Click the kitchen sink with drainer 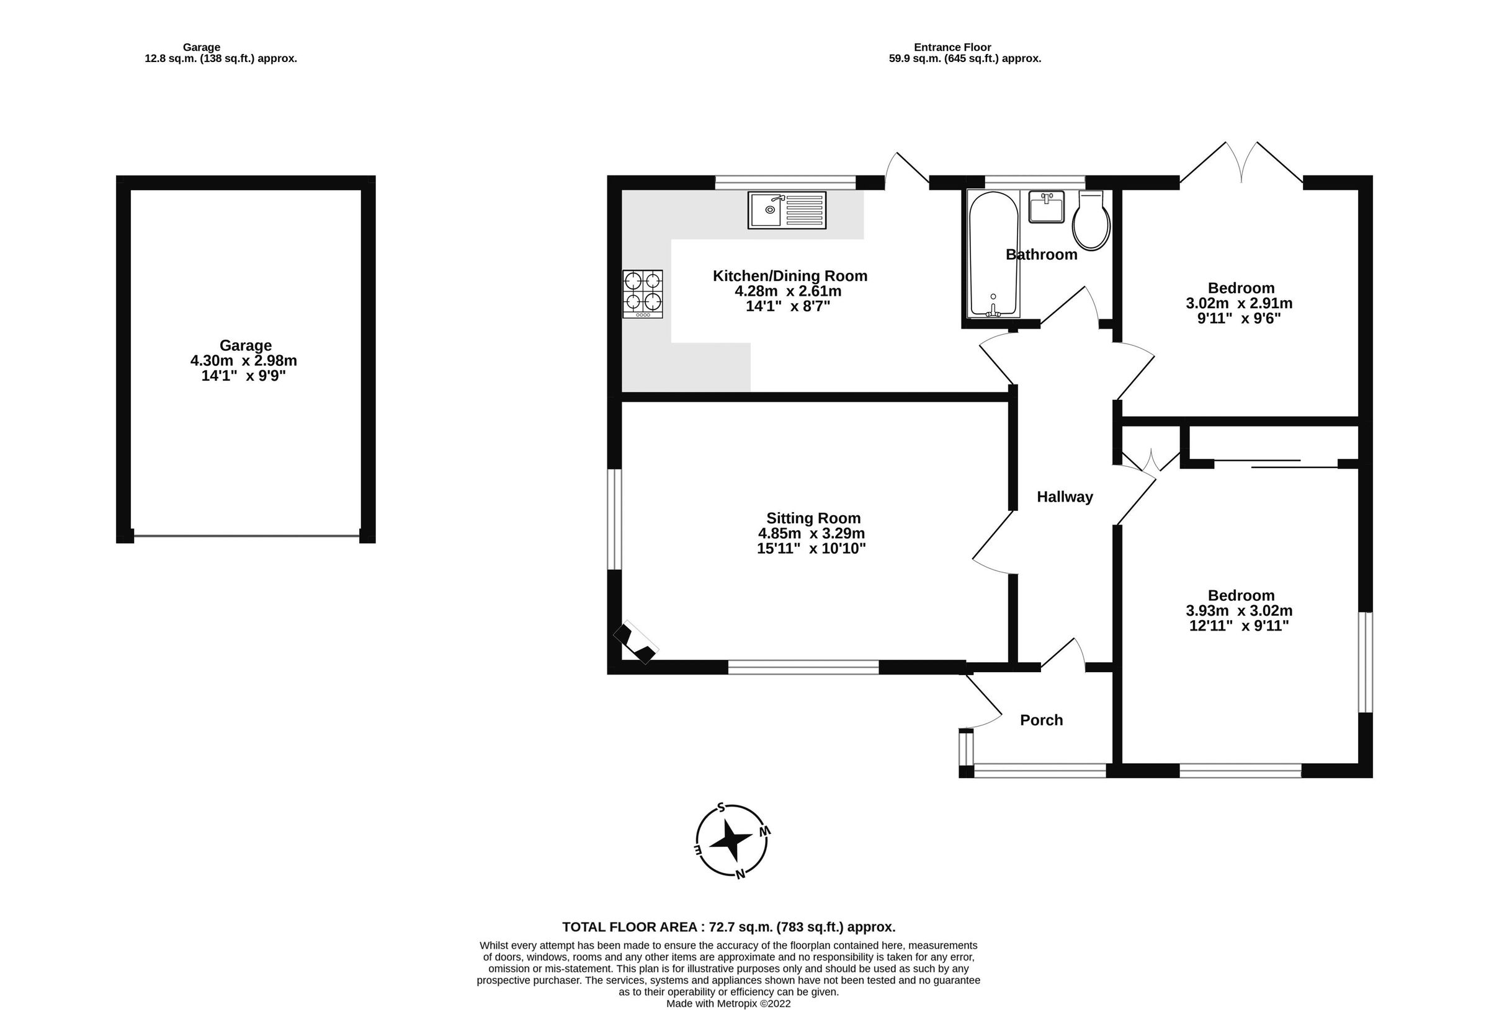tap(786, 210)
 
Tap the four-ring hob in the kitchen tap(642, 294)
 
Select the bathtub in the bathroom tap(993, 254)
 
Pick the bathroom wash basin tap(1045, 207)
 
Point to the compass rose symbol tap(731, 841)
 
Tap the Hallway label tap(1064, 497)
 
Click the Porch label tap(1041, 720)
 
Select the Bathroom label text tap(1041, 255)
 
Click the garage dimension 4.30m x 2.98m tap(243, 361)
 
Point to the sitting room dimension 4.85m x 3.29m tap(811, 533)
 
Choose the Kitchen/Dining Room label tap(789, 276)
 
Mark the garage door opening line tap(246, 536)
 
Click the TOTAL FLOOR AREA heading tap(728, 927)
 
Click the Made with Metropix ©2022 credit tap(728, 1004)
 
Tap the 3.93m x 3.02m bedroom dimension tap(1238, 610)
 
